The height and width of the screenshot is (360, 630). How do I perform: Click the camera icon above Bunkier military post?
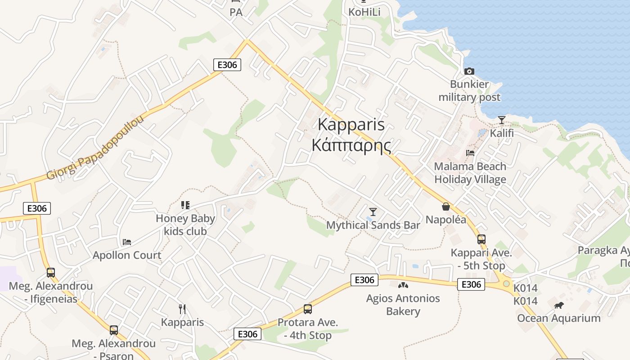pyautogui.click(x=469, y=71)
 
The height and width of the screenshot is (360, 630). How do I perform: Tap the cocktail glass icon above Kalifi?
pyautogui.click(x=502, y=120)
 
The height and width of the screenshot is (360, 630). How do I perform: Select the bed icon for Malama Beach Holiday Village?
pyautogui.click(x=470, y=153)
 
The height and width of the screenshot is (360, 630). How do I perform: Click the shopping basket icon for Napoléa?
pyautogui.click(x=446, y=207)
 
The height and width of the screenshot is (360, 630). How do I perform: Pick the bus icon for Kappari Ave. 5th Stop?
pyautogui.click(x=481, y=239)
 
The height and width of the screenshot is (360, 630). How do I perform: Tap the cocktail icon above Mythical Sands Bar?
pyautogui.click(x=373, y=211)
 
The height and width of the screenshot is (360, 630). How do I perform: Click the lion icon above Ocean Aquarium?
pyautogui.click(x=559, y=306)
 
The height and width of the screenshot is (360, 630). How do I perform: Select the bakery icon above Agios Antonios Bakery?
pyautogui.click(x=403, y=285)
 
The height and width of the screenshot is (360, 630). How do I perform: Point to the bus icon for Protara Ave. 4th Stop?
pyautogui.click(x=308, y=309)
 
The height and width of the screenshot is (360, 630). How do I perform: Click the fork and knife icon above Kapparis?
pyautogui.click(x=182, y=309)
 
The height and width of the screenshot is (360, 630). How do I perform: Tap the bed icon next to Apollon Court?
pyautogui.click(x=127, y=242)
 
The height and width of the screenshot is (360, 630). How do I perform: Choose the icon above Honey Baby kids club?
pyautogui.click(x=185, y=205)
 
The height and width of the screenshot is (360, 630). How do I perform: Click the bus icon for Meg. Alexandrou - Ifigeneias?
pyautogui.click(x=51, y=272)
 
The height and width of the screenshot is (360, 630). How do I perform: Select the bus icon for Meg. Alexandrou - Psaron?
pyautogui.click(x=114, y=330)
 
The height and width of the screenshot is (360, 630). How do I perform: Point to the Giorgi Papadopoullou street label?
pyautogui.click(x=95, y=148)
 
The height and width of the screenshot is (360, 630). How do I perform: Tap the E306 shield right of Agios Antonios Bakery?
pyautogui.click(x=471, y=284)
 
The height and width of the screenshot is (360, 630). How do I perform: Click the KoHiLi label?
pyautogui.click(x=364, y=12)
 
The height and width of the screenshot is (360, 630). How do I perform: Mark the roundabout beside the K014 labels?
pyautogui.click(x=507, y=283)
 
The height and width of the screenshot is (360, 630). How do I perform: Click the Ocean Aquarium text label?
pyautogui.click(x=558, y=318)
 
